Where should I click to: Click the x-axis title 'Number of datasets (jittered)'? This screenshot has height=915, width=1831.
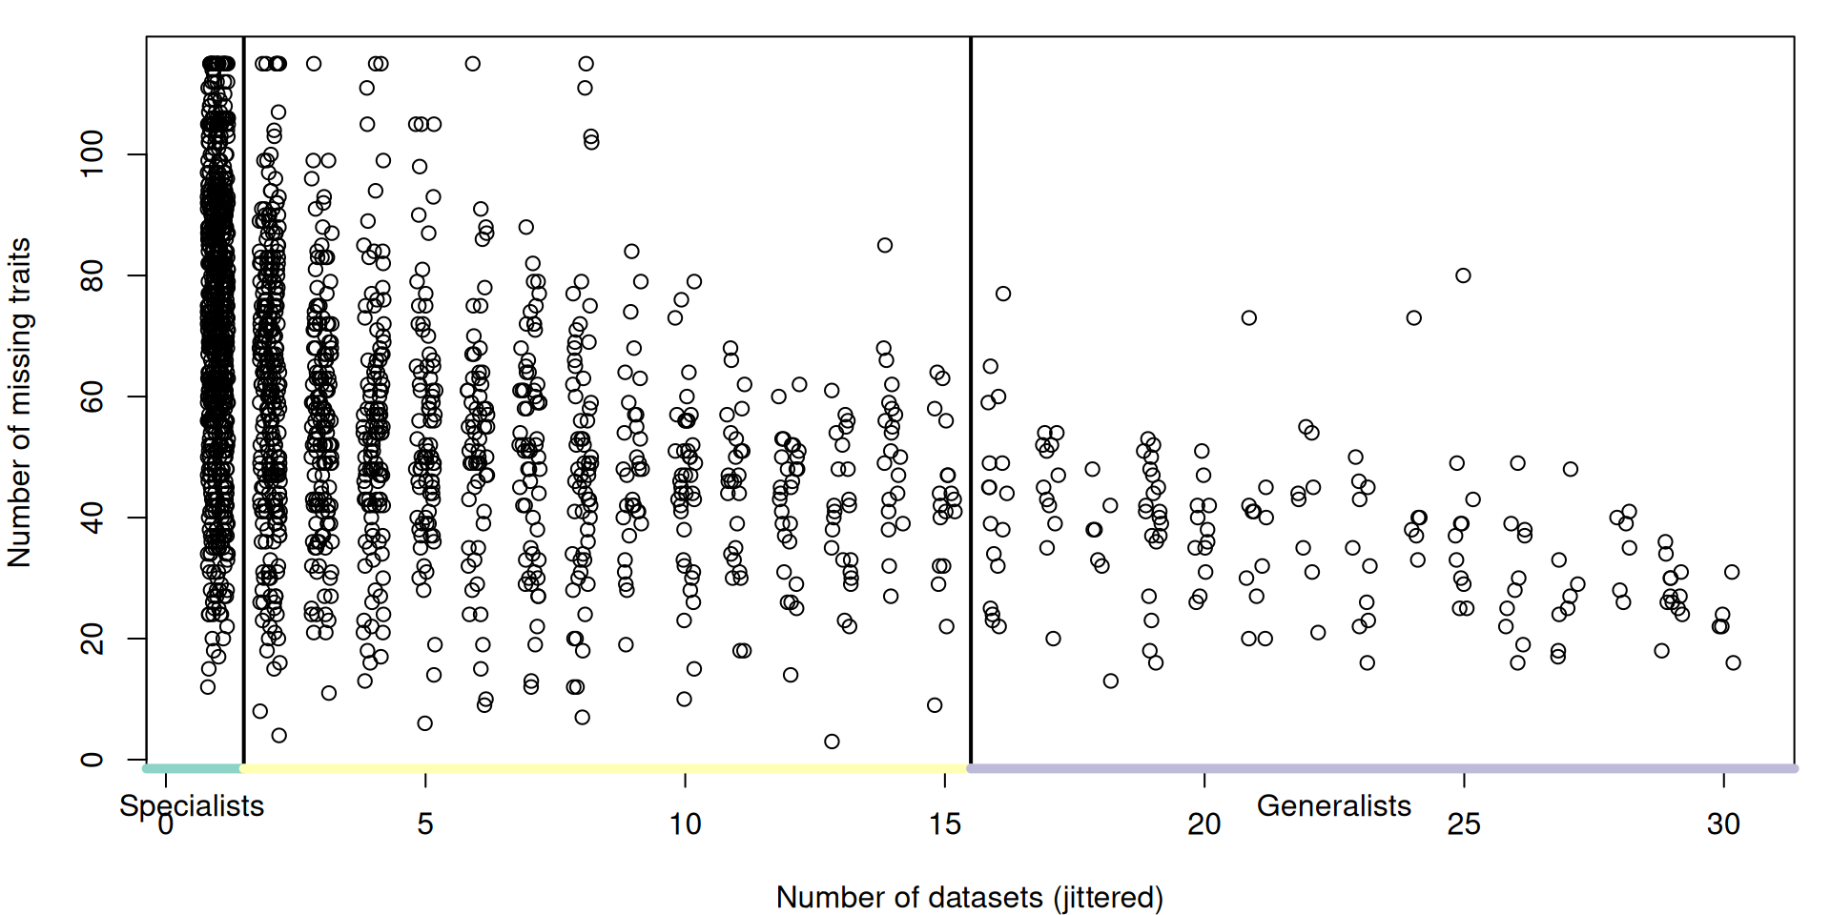pyautogui.click(x=969, y=897)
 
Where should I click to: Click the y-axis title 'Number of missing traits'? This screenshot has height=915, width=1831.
pyautogui.click(x=19, y=402)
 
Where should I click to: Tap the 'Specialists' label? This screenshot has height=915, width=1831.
pyautogui.click(x=192, y=806)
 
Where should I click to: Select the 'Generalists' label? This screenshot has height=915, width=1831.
pyautogui.click(x=1333, y=806)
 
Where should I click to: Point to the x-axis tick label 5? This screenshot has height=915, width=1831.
pyautogui.click(x=425, y=824)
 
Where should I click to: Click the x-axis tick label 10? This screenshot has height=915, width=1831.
pyautogui.click(x=685, y=824)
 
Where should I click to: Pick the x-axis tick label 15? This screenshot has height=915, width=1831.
pyautogui.click(x=944, y=824)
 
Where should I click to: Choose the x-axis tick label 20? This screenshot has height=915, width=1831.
pyautogui.click(x=1204, y=824)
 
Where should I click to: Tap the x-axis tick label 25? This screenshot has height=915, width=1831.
pyautogui.click(x=1464, y=824)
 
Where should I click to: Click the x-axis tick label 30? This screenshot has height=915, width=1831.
pyautogui.click(x=1723, y=824)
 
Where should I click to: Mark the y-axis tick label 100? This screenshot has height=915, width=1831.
pyautogui.click(x=92, y=154)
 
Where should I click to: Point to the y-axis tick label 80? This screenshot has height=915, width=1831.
pyautogui.click(x=92, y=275)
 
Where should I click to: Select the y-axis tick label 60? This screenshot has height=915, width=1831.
pyautogui.click(x=92, y=396)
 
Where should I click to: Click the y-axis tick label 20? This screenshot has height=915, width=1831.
pyautogui.click(x=92, y=639)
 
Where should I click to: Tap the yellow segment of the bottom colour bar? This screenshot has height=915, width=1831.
pyautogui.click(x=605, y=768)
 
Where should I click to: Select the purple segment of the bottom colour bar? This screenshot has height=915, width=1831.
pyautogui.click(x=1383, y=768)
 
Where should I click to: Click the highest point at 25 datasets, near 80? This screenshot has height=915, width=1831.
pyautogui.click(x=1463, y=275)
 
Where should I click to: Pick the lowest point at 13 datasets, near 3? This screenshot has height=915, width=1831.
pyautogui.click(x=832, y=742)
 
